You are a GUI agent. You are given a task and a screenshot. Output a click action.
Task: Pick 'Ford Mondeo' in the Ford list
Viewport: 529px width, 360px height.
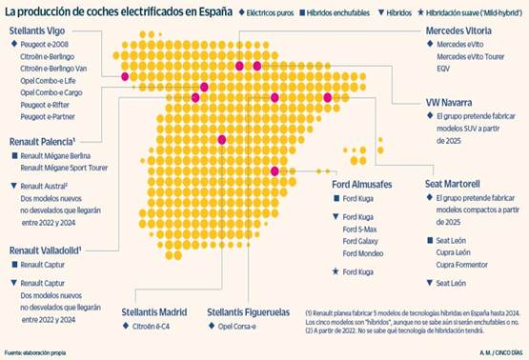click(362, 253)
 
